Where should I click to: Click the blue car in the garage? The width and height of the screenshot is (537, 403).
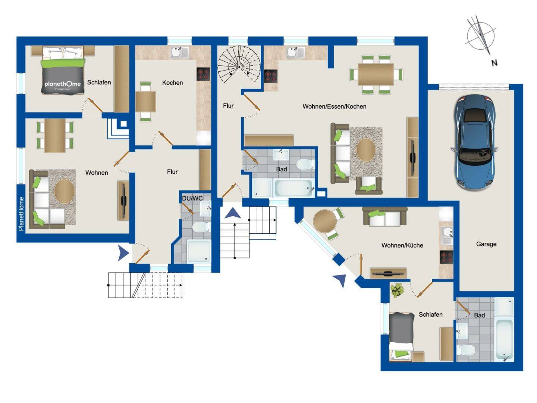474,143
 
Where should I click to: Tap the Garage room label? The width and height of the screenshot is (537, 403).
486,244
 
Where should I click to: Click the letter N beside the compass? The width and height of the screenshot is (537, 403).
494,63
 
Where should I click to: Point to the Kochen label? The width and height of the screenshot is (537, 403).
173,83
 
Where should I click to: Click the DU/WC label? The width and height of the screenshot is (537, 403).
192,198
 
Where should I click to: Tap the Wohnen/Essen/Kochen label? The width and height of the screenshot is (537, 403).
335,106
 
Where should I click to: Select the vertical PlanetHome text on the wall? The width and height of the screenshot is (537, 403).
21,214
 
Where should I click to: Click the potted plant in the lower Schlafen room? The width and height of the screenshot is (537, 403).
397,290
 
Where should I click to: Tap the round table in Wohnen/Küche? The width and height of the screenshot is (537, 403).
325,221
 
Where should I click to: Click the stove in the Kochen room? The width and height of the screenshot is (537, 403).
203,74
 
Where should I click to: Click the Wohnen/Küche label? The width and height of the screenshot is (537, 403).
402,245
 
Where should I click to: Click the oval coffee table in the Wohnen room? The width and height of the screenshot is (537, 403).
65,191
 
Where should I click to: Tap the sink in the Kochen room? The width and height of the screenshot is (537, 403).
180,52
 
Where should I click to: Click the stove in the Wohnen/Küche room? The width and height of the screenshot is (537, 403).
446,257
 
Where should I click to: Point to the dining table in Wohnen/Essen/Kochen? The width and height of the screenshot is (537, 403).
376,74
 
